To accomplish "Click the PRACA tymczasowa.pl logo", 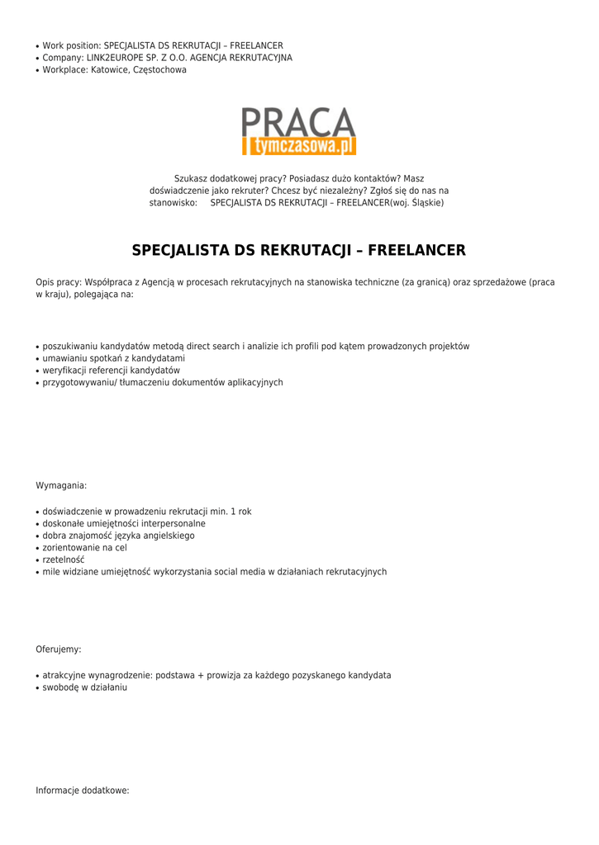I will (299, 131).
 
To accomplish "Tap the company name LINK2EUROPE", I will (118, 58).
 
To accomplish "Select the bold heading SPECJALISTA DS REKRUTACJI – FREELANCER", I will (299, 250).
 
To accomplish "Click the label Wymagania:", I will (61, 485).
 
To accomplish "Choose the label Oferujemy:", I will (59, 649).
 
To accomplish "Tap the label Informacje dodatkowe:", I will (83, 791).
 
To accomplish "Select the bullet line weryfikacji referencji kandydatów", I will (111, 371).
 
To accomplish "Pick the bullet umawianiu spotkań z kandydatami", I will (114, 359).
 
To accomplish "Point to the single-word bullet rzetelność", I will (64, 559).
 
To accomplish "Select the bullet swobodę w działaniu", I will (85, 687).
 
